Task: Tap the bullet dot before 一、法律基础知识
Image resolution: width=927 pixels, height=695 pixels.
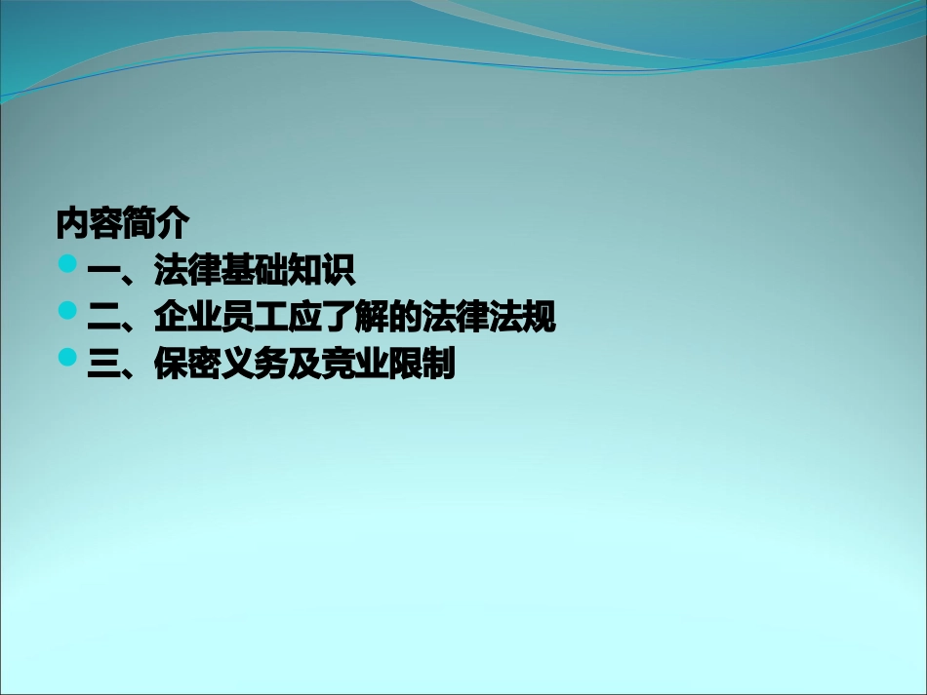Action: (x=67, y=264)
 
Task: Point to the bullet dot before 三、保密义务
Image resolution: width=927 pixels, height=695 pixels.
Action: (x=67, y=358)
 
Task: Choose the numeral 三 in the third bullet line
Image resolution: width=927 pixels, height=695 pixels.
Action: (x=103, y=366)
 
